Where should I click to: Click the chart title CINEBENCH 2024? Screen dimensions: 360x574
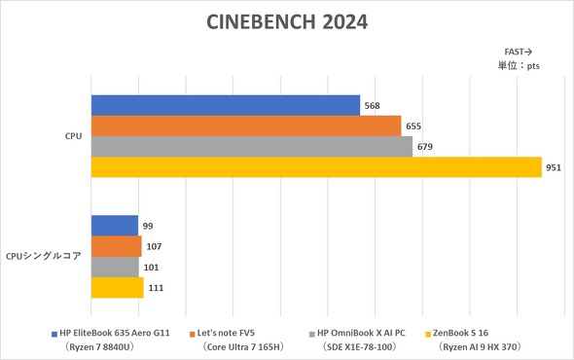[287, 21]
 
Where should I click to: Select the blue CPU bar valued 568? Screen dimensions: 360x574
[226, 105]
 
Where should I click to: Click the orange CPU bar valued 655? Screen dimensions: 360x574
[246, 126]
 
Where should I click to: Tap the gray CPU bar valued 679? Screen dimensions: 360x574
[252, 146]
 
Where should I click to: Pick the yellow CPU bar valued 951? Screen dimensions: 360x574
[316, 166]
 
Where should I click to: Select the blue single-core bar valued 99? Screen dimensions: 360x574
[115, 226]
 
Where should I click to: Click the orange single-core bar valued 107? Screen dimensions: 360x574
[117, 246]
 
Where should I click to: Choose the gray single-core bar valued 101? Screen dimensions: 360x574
[115, 267]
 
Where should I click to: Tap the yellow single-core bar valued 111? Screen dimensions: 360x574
[118, 287]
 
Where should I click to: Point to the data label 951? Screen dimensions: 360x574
[554, 167]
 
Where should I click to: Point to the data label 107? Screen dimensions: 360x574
[154, 247]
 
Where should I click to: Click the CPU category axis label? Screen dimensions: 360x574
[73, 136]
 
